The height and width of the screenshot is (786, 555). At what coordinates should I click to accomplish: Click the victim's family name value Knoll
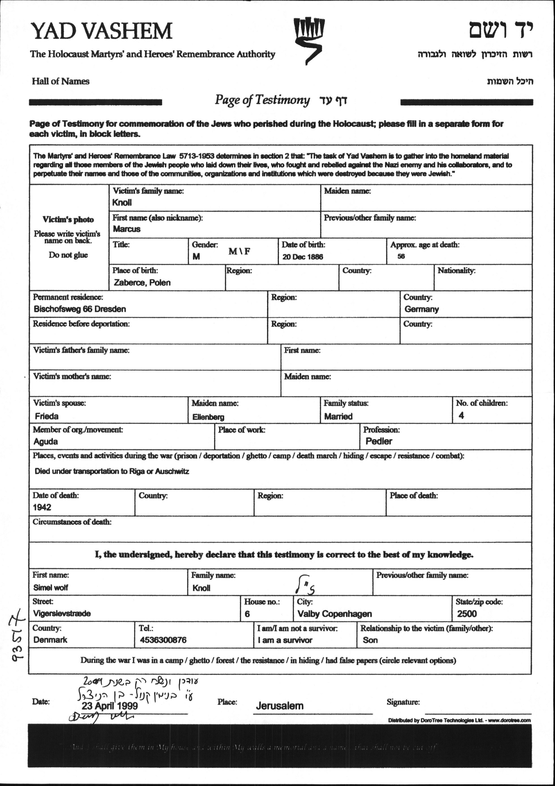[x=122, y=203]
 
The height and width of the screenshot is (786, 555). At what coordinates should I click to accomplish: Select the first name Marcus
[x=127, y=229]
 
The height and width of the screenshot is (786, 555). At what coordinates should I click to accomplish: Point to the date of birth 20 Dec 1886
[x=302, y=257]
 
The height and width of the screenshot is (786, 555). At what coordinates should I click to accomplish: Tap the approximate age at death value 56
[x=401, y=256]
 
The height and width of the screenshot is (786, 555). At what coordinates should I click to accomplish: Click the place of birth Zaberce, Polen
[x=142, y=283]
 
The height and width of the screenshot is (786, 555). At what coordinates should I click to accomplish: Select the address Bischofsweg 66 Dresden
[x=80, y=309]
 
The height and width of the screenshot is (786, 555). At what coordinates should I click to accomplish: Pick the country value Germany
[x=421, y=309]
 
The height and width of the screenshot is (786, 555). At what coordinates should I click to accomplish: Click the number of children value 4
[x=461, y=416]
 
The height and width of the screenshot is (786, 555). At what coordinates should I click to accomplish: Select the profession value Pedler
[x=379, y=442]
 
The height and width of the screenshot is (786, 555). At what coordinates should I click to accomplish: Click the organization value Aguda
[x=45, y=442]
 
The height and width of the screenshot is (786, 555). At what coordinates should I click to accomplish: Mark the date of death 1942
[x=42, y=507]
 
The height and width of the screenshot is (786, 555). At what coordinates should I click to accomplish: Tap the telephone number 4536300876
[x=163, y=640]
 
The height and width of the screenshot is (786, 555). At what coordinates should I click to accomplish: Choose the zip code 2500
[x=467, y=614]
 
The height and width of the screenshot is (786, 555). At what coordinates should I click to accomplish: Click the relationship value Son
[x=370, y=640]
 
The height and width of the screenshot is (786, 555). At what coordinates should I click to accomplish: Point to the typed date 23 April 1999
[x=110, y=706]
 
